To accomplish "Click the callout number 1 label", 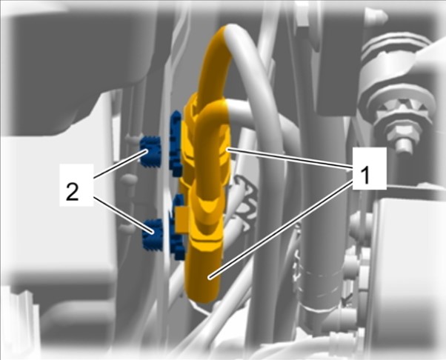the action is click(365, 176).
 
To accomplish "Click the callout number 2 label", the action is click(72, 192).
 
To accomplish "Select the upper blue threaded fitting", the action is click(150, 152).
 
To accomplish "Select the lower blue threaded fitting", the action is click(152, 235).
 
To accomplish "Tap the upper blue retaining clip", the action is click(176, 142).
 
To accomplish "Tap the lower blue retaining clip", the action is click(179, 227).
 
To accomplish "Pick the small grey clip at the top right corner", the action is click(377, 18).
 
